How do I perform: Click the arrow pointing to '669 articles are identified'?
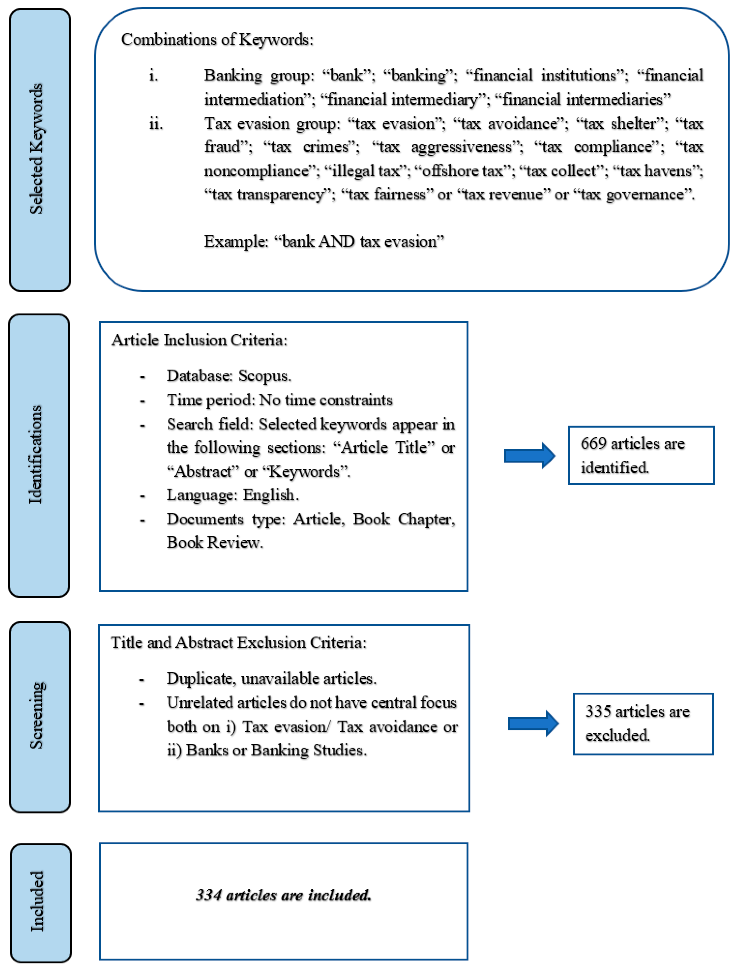click(x=529, y=456)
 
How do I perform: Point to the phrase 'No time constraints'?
click(x=326, y=400)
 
